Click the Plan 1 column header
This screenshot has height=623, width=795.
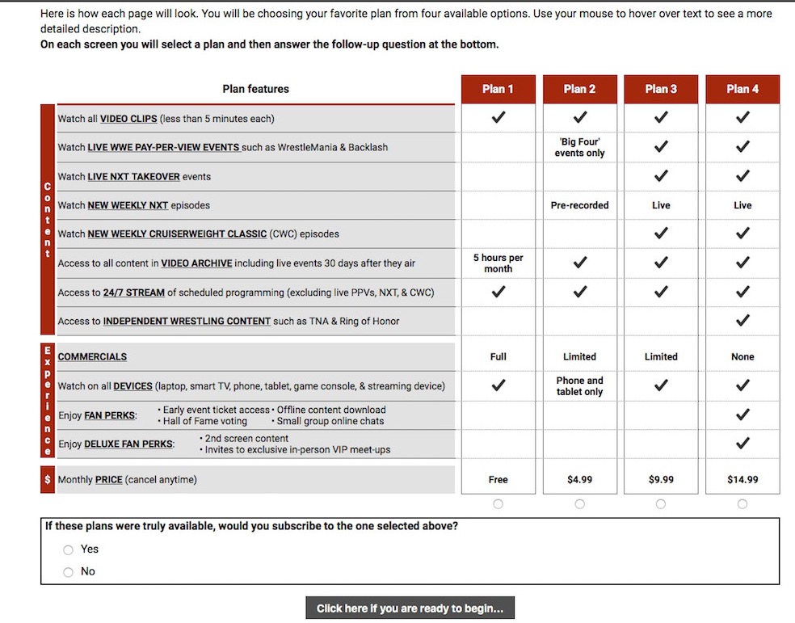tap(498, 89)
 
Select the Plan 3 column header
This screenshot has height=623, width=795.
tap(661, 89)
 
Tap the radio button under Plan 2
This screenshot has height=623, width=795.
tap(579, 504)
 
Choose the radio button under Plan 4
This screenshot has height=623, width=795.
tap(742, 504)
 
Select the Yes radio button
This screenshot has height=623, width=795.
tap(69, 549)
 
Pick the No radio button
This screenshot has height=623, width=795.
tap(69, 572)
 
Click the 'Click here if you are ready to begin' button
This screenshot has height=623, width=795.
tap(410, 608)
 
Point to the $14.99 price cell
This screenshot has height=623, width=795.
tap(742, 479)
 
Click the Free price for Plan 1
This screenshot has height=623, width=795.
tap(498, 479)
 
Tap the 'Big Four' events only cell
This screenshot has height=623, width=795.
tap(579, 147)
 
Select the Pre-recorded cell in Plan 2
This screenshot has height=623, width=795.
tap(579, 205)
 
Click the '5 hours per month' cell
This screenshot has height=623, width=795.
tap(498, 263)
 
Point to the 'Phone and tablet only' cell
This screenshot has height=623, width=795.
tap(579, 386)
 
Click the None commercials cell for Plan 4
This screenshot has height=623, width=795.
tap(742, 356)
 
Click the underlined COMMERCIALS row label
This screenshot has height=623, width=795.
tap(92, 356)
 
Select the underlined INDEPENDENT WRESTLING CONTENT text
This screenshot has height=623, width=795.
tap(187, 321)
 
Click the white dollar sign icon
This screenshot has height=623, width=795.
tap(48, 479)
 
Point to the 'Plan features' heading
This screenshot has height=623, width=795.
tap(255, 89)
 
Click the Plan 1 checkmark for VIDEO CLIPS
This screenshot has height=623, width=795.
tap(498, 118)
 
